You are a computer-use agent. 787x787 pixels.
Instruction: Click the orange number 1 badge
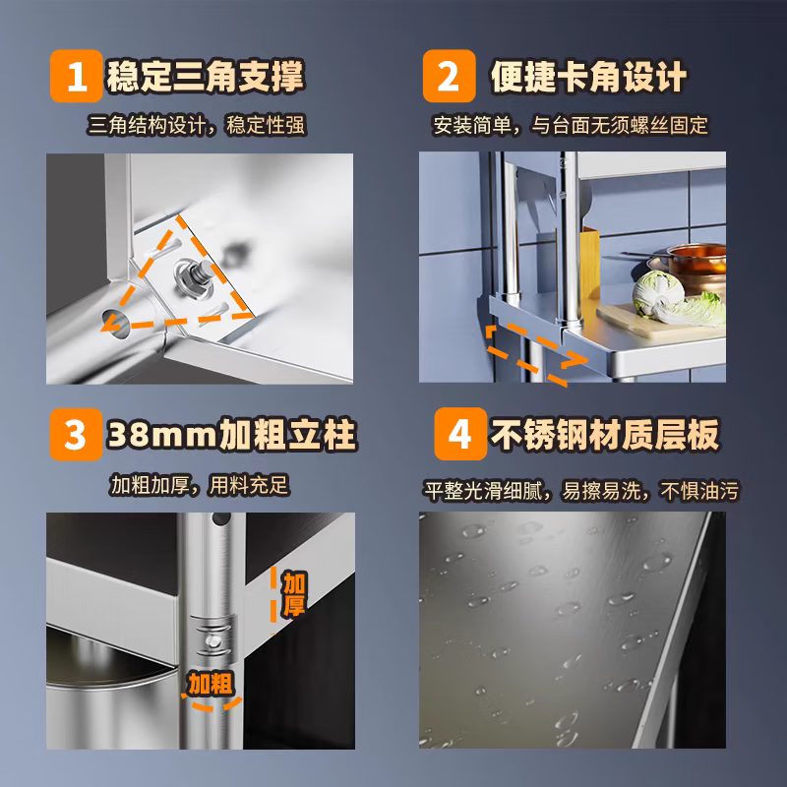tap(77, 76)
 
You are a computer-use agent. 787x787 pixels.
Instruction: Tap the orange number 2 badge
tap(450, 76)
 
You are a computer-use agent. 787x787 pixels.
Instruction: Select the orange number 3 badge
tap(77, 434)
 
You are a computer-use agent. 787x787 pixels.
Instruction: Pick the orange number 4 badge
tap(460, 434)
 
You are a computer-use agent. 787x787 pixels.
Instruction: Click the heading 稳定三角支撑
tap(206, 77)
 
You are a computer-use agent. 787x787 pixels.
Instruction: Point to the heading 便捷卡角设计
tap(588, 77)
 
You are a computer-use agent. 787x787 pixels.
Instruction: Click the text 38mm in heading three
tap(161, 435)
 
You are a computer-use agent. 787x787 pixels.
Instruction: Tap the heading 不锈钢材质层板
tap(605, 435)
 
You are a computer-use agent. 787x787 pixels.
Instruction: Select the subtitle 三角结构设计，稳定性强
tap(197, 126)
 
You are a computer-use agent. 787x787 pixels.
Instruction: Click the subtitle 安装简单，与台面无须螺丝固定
tap(571, 126)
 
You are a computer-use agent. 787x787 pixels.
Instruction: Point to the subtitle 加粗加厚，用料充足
tap(200, 485)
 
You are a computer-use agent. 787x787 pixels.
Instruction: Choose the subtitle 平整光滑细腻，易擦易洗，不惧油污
tap(581, 491)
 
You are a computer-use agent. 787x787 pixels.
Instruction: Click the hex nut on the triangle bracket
tap(194, 278)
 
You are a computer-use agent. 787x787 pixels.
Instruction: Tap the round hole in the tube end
tap(115, 322)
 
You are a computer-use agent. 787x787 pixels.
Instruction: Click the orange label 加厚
tap(293, 594)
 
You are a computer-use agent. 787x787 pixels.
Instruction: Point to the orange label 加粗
tap(211, 684)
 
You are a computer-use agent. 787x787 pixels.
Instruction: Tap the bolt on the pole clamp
tap(213, 641)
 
